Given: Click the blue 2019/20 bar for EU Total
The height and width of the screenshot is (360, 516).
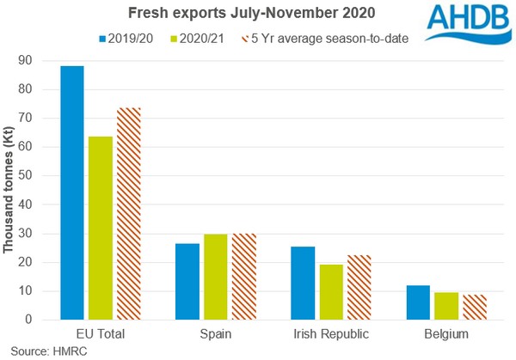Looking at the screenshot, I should pos(71,192).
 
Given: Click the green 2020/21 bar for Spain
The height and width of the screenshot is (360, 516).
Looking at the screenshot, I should pos(216,277).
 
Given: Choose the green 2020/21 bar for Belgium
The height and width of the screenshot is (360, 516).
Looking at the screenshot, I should pos(446,306).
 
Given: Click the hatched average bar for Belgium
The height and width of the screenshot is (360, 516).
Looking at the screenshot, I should pos(474,307).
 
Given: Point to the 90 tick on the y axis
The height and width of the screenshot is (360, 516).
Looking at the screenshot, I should pos(32,60).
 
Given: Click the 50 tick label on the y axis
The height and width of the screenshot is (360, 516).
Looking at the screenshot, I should pos(32,175).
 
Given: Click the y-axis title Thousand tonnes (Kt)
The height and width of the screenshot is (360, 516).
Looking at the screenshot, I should pos(9,190).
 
